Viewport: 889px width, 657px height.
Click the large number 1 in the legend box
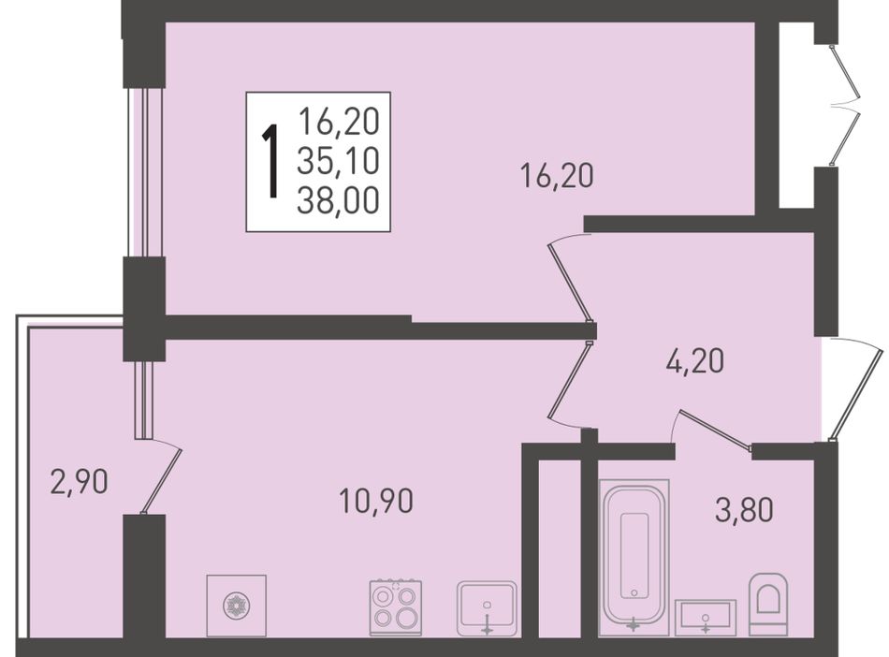(x=271, y=162)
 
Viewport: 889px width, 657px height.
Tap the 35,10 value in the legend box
(x=338, y=161)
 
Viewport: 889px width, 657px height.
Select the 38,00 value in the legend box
(x=338, y=200)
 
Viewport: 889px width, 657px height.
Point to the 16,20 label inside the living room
(x=557, y=175)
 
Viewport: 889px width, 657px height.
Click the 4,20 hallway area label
(x=695, y=360)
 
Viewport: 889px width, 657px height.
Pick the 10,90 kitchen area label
(x=376, y=501)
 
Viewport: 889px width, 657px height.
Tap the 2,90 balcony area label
(x=79, y=482)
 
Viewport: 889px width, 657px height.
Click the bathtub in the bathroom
(x=634, y=558)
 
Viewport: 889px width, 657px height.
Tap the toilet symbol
(x=768, y=604)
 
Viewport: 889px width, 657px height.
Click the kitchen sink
(x=487, y=607)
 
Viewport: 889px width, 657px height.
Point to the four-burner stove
(x=396, y=607)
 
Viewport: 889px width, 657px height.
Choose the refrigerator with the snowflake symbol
(x=237, y=606)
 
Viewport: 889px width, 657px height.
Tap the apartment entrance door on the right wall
(x=856, y=389)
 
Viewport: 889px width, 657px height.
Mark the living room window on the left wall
(x=144, y=172)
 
